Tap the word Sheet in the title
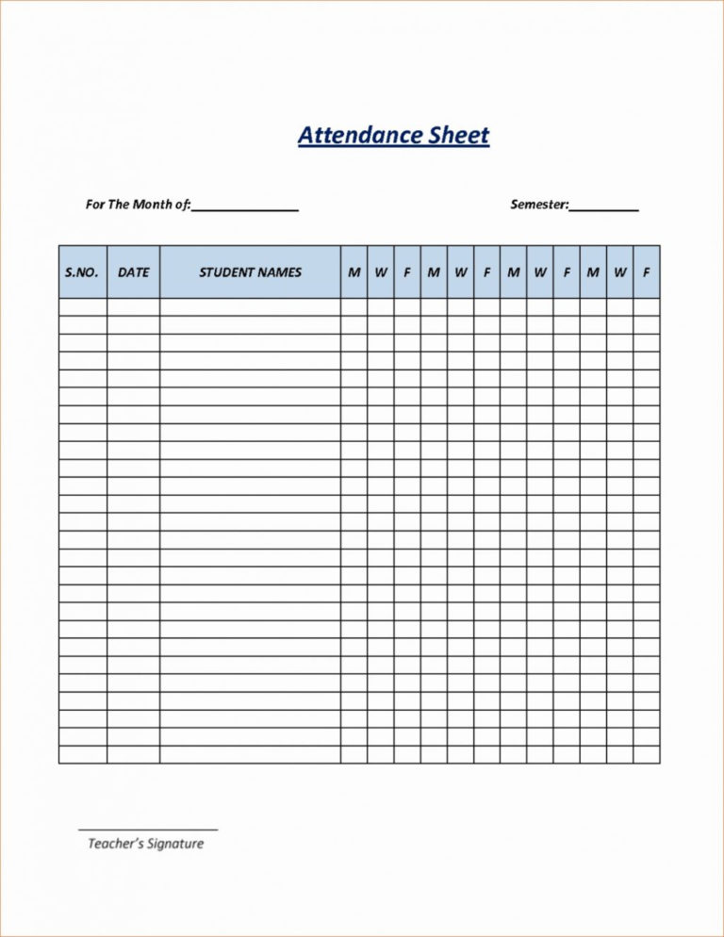[x=459, y=135]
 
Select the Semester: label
[x=539, y=204]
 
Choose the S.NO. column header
[x=82, y=272]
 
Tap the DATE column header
[x=133, y=272]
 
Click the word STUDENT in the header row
[x=226, y=272]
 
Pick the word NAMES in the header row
[x=279, y=272]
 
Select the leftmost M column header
[x=354, y=272]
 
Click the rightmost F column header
[x=647, y=272]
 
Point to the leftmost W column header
[x=381, y=272]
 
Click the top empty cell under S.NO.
[x=82, y=307]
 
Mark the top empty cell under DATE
[x=133, y=307]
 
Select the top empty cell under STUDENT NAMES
[x=250, y=307]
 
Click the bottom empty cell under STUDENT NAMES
[x=250, y=754]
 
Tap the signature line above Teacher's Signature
[x=147, y=830]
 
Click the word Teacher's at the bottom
[x=114, y=844]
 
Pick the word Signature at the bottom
[x=174, y=844]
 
